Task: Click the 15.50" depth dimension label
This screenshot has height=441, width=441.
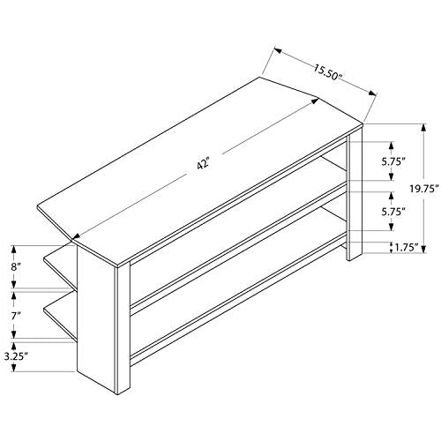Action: click(326, 72)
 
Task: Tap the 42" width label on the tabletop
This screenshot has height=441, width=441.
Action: click(203, 163)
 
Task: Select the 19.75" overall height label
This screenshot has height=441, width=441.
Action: click(424, 189)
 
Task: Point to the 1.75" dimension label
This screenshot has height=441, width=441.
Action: click(407, 248)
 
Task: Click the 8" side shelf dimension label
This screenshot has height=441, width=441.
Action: click(16, 267)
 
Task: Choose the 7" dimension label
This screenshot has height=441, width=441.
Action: click(16, 317)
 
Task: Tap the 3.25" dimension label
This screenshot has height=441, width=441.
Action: click(16, 356)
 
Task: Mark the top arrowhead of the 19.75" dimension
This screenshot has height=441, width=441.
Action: click(423, 128)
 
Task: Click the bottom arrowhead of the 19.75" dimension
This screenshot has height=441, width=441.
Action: click(423, 249)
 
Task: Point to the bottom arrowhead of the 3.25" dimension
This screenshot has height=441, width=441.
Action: click(14, 368)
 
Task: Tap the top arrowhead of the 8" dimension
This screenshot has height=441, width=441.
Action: click(14, 250)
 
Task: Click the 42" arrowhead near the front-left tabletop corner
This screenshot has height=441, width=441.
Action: click(76, 236)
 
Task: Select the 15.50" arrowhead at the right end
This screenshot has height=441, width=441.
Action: click(373, 93)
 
